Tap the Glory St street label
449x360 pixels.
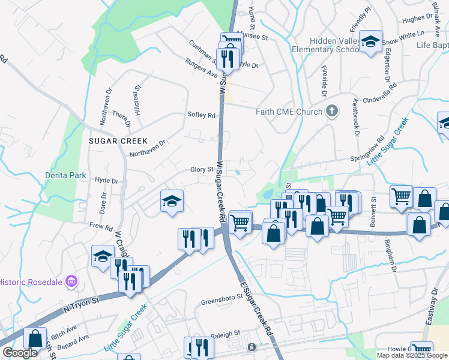[202, 170]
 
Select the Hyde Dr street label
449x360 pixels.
[106, 180]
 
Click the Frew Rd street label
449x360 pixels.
[101, 227]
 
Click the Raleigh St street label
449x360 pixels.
[224, 332]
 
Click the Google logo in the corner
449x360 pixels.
[20, 353]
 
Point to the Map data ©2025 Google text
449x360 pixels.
[412, 355]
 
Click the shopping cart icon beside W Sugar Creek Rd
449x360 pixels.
[240, 222]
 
